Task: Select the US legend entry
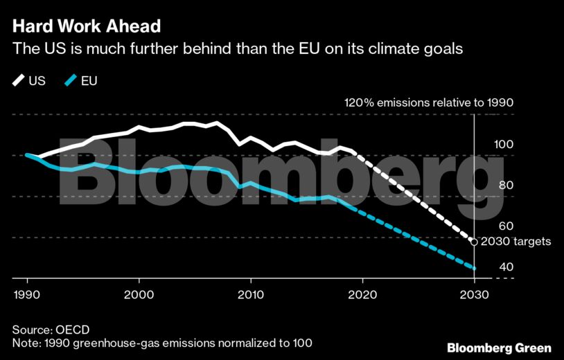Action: tap(29, 81)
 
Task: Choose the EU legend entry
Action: tap(80, 81)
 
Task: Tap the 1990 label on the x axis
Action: tap(27, 294)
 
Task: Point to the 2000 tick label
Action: tap(139, 294)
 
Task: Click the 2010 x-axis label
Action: tap(250, 294)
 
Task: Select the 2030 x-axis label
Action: tap(473, 294)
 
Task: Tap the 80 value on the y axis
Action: tap(506, 186)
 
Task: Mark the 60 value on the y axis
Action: tap(506, 226)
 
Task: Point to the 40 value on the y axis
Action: tap(506, 267)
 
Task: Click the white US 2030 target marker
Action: tap(473, 242)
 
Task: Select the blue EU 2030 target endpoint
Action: tap(474, 268)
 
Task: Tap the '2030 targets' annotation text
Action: tap(516, 242)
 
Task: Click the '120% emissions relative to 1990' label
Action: tap(429, 103)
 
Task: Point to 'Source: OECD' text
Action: tap(51, 330)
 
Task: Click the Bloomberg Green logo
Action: tap(499, 348)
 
